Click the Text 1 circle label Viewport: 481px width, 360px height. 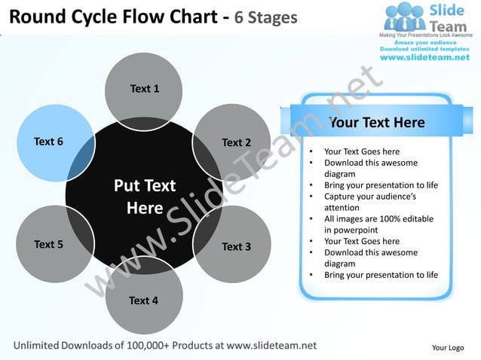coord(144,89)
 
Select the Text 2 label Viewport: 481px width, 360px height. coord(236,142)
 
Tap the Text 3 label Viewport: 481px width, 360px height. coord(236,246)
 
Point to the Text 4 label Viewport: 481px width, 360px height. coord(143,301)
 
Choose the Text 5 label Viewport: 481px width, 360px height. coord(49,244)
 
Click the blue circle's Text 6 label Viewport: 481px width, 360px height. coord(49,141)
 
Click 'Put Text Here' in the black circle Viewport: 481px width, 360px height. coord(144,197)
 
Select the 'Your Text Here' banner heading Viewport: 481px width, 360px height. coord(377,122)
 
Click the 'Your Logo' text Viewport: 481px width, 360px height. coord(447,347)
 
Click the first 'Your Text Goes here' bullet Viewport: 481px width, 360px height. coord(361,151)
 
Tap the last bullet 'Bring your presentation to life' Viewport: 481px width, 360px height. coord(381,275)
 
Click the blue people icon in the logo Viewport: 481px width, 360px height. coord(406,18)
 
